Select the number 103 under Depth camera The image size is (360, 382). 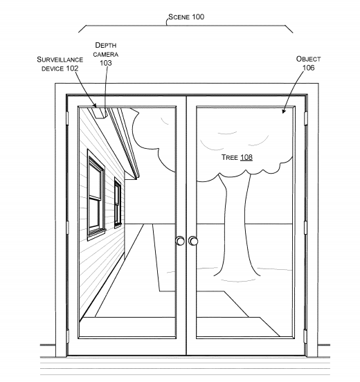pyautogui.click(x=106, y=62)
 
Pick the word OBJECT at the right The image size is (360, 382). pyautogui.click(x=308, y=60)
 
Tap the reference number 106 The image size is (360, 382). pyautogui.click(x=308, y=68)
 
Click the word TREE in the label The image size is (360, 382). pyautogui.click(x=229, y=158)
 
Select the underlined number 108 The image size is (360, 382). pyautogui.click(x=246, y=158)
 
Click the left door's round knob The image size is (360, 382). pyautogui.click(x=180, y=241)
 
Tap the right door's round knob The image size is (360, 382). pyautogui.click(x=192, y=241)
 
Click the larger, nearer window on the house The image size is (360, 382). pyautogui.click(x=96, y=194)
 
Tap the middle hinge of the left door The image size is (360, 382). pyautogui.click(x=66, y=227)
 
